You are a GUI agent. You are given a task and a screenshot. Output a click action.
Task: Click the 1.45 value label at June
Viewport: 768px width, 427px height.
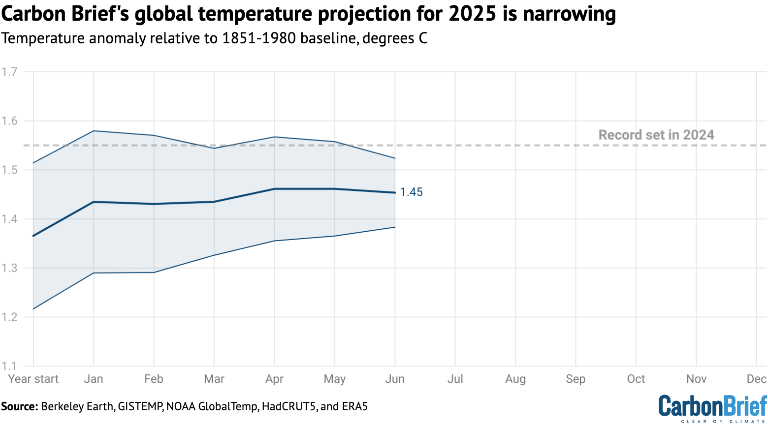click(411, 192)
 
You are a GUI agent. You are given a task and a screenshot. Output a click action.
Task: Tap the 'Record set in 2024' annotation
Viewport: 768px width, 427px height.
click(656, 135)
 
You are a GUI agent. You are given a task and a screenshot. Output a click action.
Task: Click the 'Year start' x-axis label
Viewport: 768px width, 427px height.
click(33, 379)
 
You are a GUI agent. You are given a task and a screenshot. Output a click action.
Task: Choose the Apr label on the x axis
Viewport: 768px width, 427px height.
click(274, 379)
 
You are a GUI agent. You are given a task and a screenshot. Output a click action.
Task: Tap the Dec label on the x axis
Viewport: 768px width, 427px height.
click(756, 379)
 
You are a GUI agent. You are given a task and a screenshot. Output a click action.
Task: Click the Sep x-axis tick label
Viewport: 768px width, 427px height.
click(576, 379)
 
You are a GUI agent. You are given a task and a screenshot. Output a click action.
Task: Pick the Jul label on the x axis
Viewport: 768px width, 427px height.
click(455, 379)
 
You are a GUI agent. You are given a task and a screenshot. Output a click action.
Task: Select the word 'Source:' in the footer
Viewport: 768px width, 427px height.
click(19, 406)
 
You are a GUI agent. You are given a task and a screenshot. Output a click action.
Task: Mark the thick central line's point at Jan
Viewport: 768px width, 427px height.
click(94, 202)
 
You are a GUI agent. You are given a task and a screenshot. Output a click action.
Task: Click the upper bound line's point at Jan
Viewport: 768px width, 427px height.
click(94, 131)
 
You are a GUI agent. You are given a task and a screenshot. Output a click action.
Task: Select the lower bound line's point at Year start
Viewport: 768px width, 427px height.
click(33, 309)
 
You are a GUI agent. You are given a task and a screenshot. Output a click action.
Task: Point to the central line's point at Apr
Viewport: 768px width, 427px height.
click(274, 188)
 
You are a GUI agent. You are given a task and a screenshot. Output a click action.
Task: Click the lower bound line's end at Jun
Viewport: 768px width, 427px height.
click(395, 227)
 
